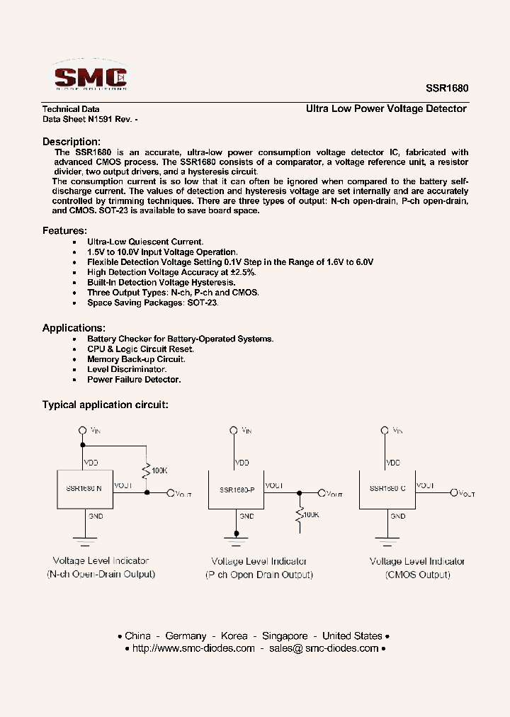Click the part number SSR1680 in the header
point(446,89)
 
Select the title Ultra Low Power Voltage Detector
point(386,109)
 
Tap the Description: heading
point(72,142)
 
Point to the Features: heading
point(64,231)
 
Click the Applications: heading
point(74,328)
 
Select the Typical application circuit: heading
point(105,405)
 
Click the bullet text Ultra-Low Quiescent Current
point(145,242)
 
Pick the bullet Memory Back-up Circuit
point(136,359)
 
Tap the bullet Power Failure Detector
point(134,380)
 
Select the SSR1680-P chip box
point(235,489)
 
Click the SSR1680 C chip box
point(387,488)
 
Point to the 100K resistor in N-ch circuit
point(147,470)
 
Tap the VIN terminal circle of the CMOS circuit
point(385,429)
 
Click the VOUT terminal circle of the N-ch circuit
point(171,493)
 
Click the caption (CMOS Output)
point(418,575)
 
